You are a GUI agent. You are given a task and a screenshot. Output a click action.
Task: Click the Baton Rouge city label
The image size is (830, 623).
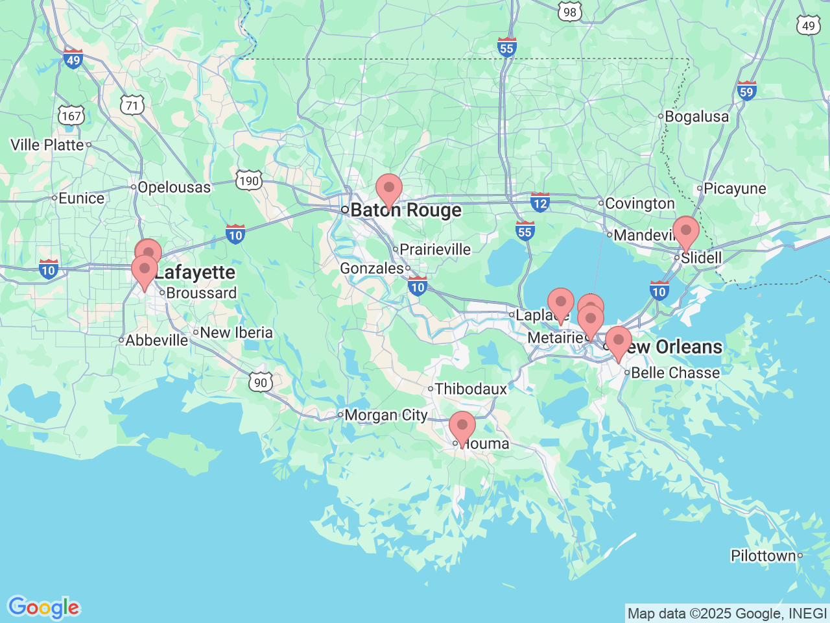(x=405, y=210)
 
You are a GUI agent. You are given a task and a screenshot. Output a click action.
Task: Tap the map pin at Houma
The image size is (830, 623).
(x=462, y=428)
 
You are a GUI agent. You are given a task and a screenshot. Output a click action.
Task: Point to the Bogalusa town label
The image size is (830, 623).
(x=696, y=117)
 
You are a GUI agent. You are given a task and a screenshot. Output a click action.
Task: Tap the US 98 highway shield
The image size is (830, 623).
(x=569, y=12)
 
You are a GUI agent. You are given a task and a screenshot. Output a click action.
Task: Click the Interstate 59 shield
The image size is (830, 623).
(x=746, y=91)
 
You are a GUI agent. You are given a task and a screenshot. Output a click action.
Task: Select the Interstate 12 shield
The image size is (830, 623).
(x=539, y=202)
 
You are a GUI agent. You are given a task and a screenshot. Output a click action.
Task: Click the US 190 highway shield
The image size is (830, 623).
(x=249, y=180)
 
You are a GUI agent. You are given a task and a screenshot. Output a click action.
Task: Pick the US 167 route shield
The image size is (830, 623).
(x=71, y=116)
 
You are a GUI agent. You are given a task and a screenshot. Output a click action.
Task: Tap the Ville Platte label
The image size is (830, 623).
(x=47, y=145)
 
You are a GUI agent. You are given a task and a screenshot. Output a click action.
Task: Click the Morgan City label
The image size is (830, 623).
(x=386, y=415)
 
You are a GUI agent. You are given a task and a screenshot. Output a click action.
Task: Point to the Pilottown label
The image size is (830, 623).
(x=763, y=556)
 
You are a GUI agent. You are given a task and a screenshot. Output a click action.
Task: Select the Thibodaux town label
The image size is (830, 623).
(x=471, y=389)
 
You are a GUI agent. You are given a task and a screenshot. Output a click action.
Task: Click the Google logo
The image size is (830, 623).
(x=43, y=608)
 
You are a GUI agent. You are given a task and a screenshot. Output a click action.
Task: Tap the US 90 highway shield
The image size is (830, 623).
(x=261, y=382)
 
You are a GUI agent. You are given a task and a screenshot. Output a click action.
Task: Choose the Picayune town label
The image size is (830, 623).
(x=735, y=189)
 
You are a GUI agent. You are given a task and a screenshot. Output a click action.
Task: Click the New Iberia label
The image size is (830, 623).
(x=236, y=333)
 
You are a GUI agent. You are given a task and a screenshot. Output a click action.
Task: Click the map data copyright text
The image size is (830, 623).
(x=727, y=613)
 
